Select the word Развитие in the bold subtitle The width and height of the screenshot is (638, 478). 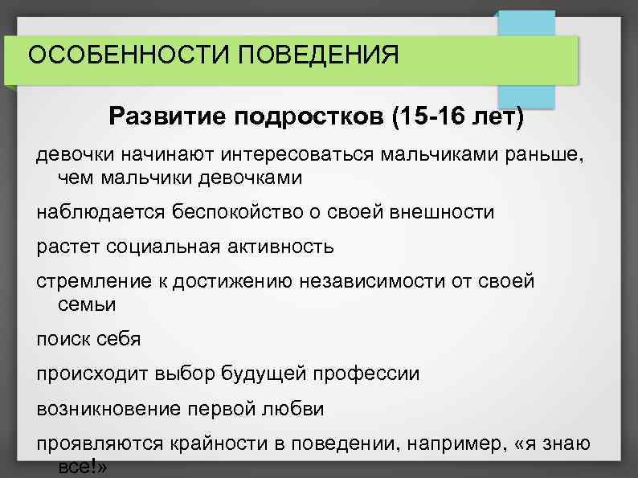[166, 118]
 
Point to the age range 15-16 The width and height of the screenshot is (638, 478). [434, 118]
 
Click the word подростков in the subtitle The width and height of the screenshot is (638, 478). [309, 118]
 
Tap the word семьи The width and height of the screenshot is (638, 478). [87, 304]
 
